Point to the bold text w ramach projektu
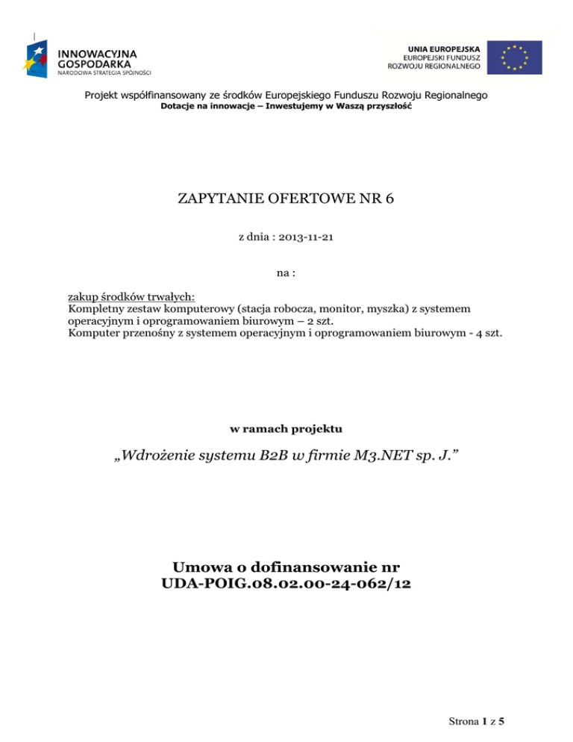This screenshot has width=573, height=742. coord(286,430)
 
